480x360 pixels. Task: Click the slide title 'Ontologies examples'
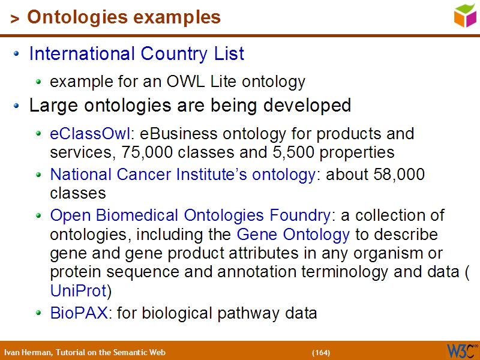124,17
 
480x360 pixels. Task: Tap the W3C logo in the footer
461,350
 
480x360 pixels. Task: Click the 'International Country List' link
137,54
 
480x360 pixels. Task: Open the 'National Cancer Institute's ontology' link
182,175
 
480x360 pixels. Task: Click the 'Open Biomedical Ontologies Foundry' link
190,215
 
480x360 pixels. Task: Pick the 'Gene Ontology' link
293,234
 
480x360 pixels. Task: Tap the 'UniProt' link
78,292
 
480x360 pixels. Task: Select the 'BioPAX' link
78,313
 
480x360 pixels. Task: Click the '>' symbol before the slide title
14,19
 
